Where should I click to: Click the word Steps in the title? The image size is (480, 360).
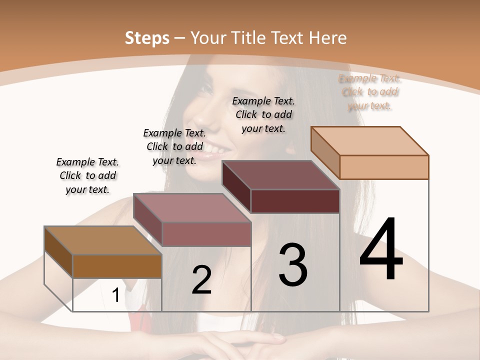click(x=146, y=38)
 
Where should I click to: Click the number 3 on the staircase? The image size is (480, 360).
click(x=293, y=265)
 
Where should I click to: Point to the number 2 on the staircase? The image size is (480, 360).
click(x=201, y=279)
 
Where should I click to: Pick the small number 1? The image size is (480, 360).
click(x=115, y=295)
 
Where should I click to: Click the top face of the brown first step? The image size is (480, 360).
click(x=102, y=240)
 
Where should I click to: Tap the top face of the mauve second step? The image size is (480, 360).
click(x=191, y=207)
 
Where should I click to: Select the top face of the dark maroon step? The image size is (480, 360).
click(x=280, y=175)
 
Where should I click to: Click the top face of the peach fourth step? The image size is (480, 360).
click(x=369, y=141)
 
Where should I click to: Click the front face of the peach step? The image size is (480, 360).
click(x=384, y=167)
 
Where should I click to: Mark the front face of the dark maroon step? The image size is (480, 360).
click(x=295, y=201)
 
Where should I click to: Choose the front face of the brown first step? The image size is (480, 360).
click(x=117, y=266)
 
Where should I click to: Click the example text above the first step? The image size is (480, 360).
click(x=87, y=175)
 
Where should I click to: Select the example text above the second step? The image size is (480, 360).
click(x=174, y=146)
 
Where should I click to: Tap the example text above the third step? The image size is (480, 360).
click(x=263, y=114)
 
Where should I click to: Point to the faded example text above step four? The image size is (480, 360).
click(x=369, y=92)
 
